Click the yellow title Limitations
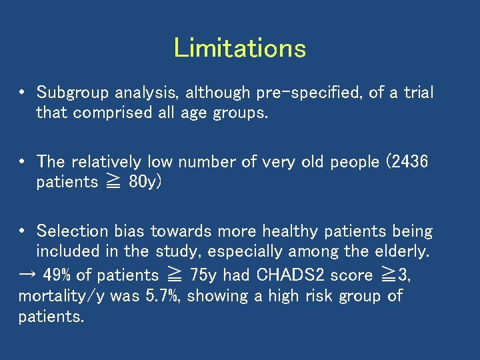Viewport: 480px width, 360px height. [x=240, y=48]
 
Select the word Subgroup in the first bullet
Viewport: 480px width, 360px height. [x=66, y=93]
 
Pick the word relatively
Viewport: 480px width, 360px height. [x=106, y=162]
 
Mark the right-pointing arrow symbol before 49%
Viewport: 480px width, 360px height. [x=27, y=275]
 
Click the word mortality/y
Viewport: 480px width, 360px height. [x=63, y=295]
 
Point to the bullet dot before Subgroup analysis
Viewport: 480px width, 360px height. [x=22, y=93]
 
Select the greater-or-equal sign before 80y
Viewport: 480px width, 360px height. [x=115, y=183]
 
